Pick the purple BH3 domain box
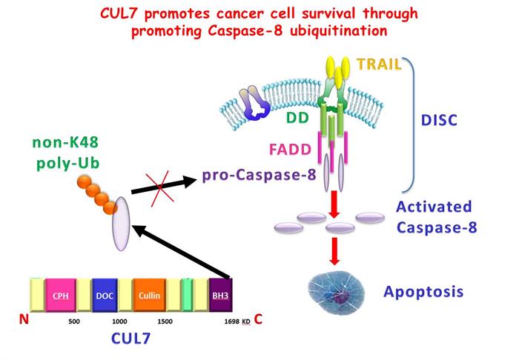[x=220, y=296]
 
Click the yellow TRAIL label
[x=379, y=64]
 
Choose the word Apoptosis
[x=423, y=291]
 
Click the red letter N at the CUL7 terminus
[x=23, y=320]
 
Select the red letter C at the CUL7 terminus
[x=258, y=320]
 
